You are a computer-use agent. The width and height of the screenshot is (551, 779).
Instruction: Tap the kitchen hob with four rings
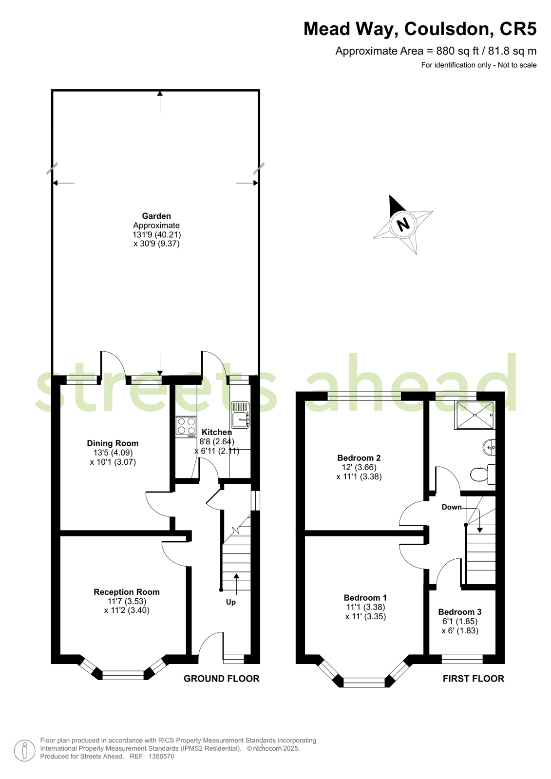pyautogui.click(x=186, y=427)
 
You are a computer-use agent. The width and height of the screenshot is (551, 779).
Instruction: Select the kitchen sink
pyautogui.click(x=240, y=415)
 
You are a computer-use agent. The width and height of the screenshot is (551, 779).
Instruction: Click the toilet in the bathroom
pyautogui.click(x=482, y=474)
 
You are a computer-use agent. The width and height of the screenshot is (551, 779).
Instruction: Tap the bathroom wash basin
pyautogui.click(x=490, y=447)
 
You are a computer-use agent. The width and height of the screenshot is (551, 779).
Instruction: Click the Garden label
pyautogui.click(x=156, y=216)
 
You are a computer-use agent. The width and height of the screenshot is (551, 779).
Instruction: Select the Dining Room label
pyautogui.click(x=113, y=443)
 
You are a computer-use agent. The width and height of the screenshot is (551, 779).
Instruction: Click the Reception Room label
pyautogui.click(x=127, y=592)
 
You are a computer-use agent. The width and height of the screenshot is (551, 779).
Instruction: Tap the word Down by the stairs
pyautogui.click(x=452, y=507)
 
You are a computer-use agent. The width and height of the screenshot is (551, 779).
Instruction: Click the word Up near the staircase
pyautogui.click(x=231, y=602)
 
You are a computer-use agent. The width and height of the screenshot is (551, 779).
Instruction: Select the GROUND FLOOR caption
pyautogui.click(x=222, y=679)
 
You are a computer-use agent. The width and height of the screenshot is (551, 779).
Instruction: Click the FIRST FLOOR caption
pyautogui.click(x=474, y=679)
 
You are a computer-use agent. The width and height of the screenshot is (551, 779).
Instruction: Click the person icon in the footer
pyautogui.click(x=25, y=750)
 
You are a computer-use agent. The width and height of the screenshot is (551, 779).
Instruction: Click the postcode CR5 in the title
pyautogui.click(x=518, y=29)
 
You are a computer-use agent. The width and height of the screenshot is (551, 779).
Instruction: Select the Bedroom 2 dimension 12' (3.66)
pyautogui.click(x=359, y=467)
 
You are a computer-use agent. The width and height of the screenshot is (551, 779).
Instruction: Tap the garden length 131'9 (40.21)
pyautogui.click(x=157, y=234)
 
